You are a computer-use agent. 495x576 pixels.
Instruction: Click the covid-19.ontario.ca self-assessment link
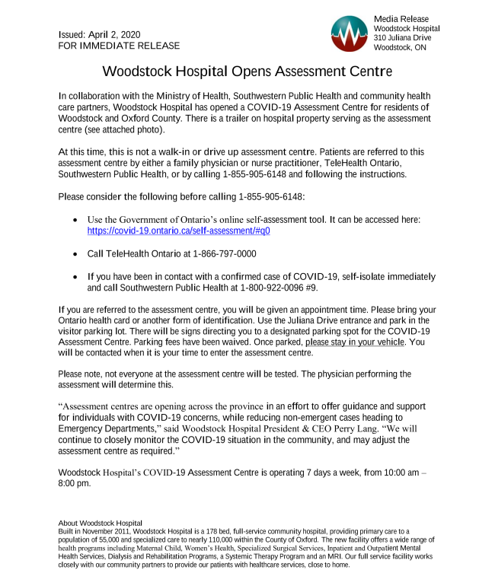coord(179,230)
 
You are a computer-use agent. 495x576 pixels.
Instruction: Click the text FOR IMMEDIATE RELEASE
coord(119,46)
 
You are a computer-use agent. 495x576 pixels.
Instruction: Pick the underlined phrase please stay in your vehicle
coord(356,342)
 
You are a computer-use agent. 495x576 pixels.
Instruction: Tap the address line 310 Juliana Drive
coord(402,37)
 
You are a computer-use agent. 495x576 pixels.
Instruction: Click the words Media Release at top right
coord(401,18)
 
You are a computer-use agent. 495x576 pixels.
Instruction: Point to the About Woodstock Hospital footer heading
coord(100,523)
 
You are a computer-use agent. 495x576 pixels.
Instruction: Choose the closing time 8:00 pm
coord(75,483)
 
